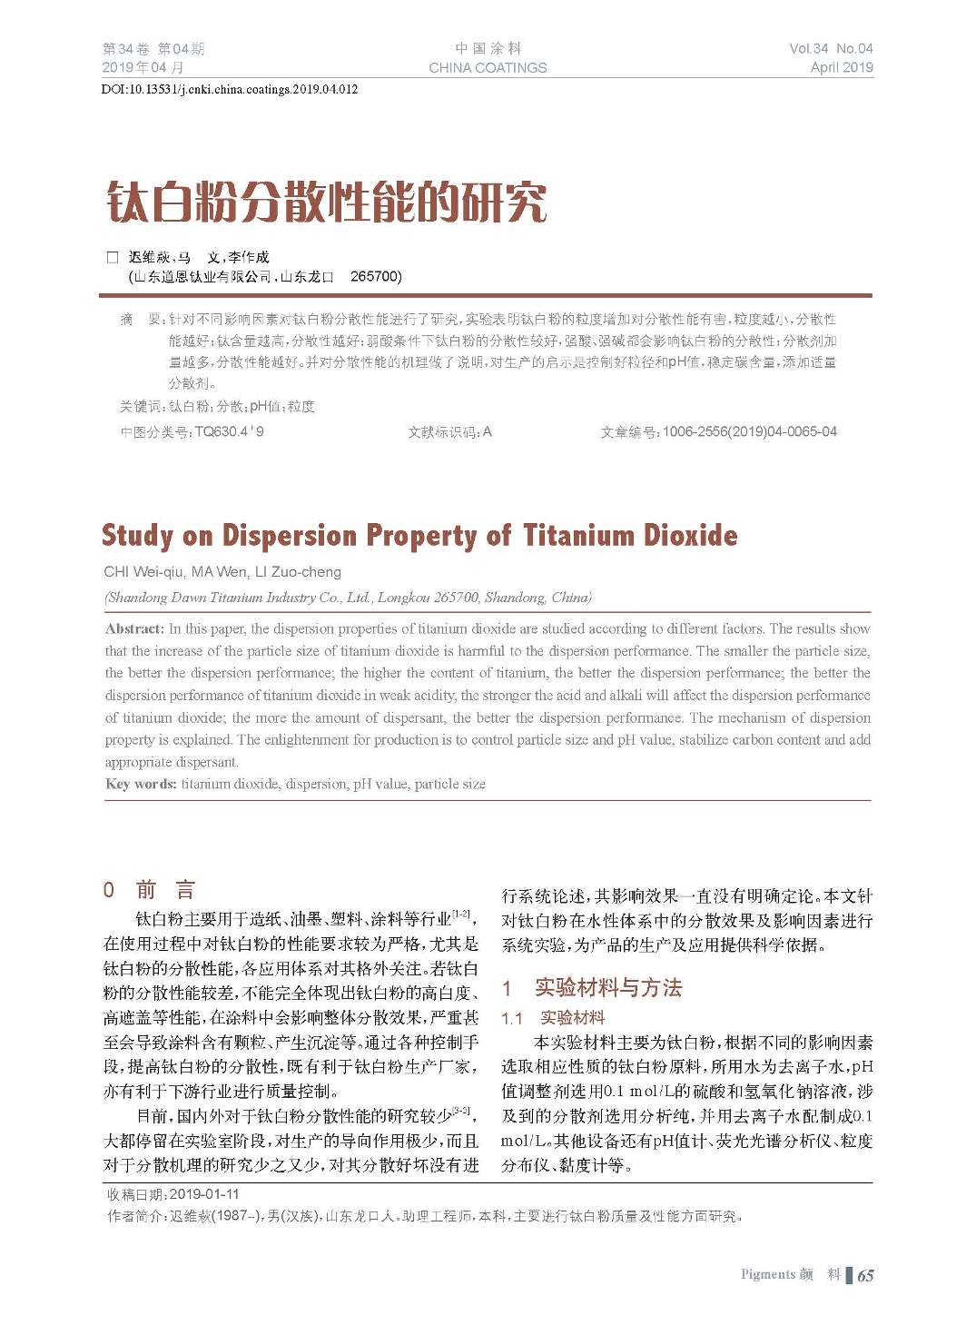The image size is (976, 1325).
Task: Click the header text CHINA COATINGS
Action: [488, 67]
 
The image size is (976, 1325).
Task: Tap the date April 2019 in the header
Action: [841, 67]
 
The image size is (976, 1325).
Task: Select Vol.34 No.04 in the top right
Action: [830, 48]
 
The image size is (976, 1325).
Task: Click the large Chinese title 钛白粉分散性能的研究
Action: [327, 202]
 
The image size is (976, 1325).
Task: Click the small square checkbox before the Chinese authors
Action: [113, 257]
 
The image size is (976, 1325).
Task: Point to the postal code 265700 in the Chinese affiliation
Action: [375, 276]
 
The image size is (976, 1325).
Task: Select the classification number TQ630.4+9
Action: [229, 431]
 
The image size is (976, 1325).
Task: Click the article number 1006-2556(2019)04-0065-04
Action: [749, 431]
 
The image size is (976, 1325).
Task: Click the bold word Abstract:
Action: [134, 628]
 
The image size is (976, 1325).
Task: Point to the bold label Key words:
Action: [141, 784]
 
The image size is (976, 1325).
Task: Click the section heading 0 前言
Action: [149, 890]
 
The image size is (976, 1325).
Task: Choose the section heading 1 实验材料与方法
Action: [592, 987]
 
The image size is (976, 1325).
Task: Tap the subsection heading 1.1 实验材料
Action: [553, 1017]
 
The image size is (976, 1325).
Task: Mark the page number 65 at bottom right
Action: [865, 1275]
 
